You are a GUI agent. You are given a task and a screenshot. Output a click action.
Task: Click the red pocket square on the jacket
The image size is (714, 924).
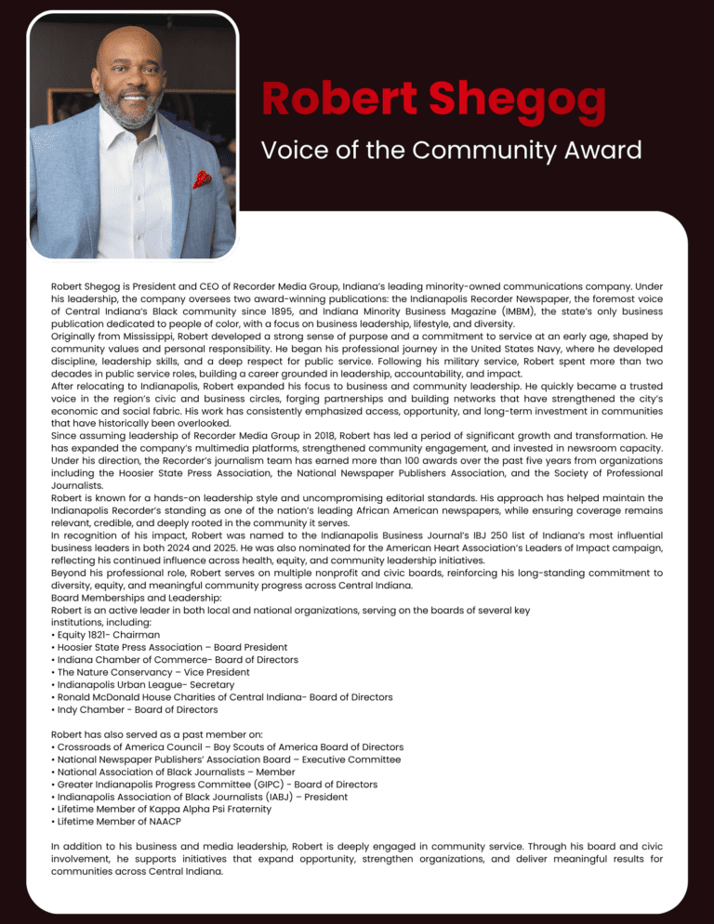(202, 178)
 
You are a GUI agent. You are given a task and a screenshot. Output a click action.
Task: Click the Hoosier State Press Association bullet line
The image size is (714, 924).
(169, 647)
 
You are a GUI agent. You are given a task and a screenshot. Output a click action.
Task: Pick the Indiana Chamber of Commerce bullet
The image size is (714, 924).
(175, 659)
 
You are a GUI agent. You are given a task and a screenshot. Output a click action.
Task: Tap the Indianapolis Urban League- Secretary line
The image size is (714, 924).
(142, 684)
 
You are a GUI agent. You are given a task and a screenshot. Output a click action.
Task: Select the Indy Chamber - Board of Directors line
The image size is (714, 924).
(135, 708)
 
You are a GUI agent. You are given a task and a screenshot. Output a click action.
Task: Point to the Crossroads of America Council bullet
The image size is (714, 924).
(227, 746)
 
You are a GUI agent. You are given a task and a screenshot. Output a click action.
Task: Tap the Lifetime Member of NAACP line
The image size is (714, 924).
(116, 821)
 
